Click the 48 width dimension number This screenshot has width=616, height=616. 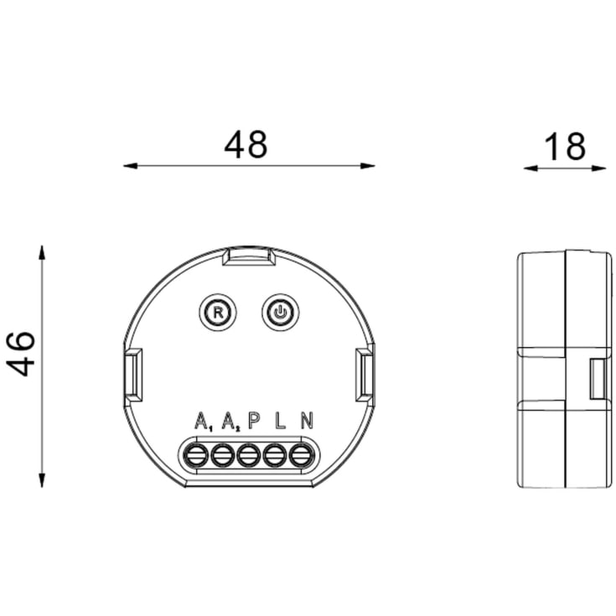pyautogui.click(x=246, y=144)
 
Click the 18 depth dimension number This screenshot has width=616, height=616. pyautogui.click(x=564, y=147)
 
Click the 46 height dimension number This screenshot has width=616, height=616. pyautogui.click(x=20, y=354)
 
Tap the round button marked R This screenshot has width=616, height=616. pyautogui.click(x=218, y=313)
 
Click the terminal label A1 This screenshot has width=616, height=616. pyautogui.click(x=204, y=422)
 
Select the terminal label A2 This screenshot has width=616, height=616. pyautogui.click(x=231, y=422)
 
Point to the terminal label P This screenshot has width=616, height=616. pyautogui.click(x=254, y=421)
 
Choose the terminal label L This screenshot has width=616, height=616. pyautogui.click(x=280, y=421)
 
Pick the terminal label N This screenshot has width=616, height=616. pyautogui.click(x=307, y=421)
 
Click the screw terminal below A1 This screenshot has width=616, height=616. pyautogui.click(x=196, y=456)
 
